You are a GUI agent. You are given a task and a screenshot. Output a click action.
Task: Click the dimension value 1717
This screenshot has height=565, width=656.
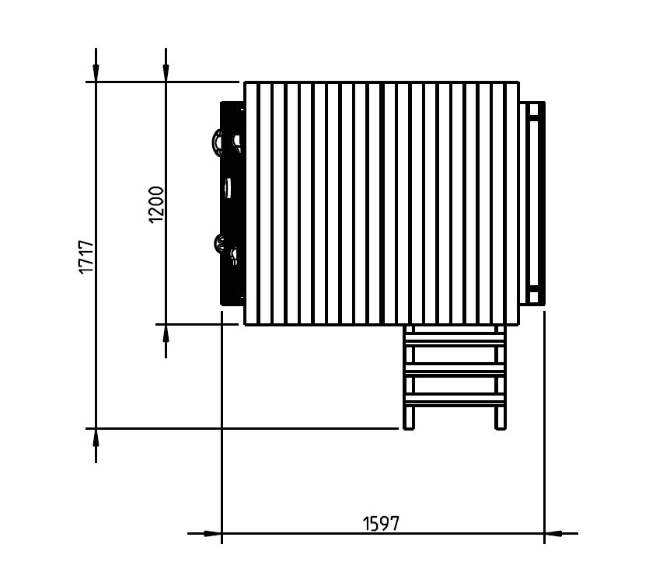(86, 256)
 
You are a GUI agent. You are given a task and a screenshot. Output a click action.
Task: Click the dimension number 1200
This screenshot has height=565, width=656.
(156, 204)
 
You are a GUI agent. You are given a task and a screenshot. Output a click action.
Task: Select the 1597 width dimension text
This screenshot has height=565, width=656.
(381, 523)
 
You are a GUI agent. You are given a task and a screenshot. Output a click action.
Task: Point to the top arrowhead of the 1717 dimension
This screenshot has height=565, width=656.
(96, 73)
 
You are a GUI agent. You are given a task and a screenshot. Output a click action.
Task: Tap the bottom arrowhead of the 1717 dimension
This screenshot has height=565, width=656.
(96, 438)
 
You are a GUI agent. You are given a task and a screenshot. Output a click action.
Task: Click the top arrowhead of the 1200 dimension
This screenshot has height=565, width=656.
(166, 73)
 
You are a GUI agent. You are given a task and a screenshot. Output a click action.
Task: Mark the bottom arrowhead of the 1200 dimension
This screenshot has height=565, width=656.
(166, 333)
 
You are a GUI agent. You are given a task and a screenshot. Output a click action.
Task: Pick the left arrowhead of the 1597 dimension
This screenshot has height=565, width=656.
(212, 534)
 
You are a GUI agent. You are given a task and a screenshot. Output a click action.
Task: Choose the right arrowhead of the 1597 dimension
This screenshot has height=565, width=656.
(553, 534)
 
